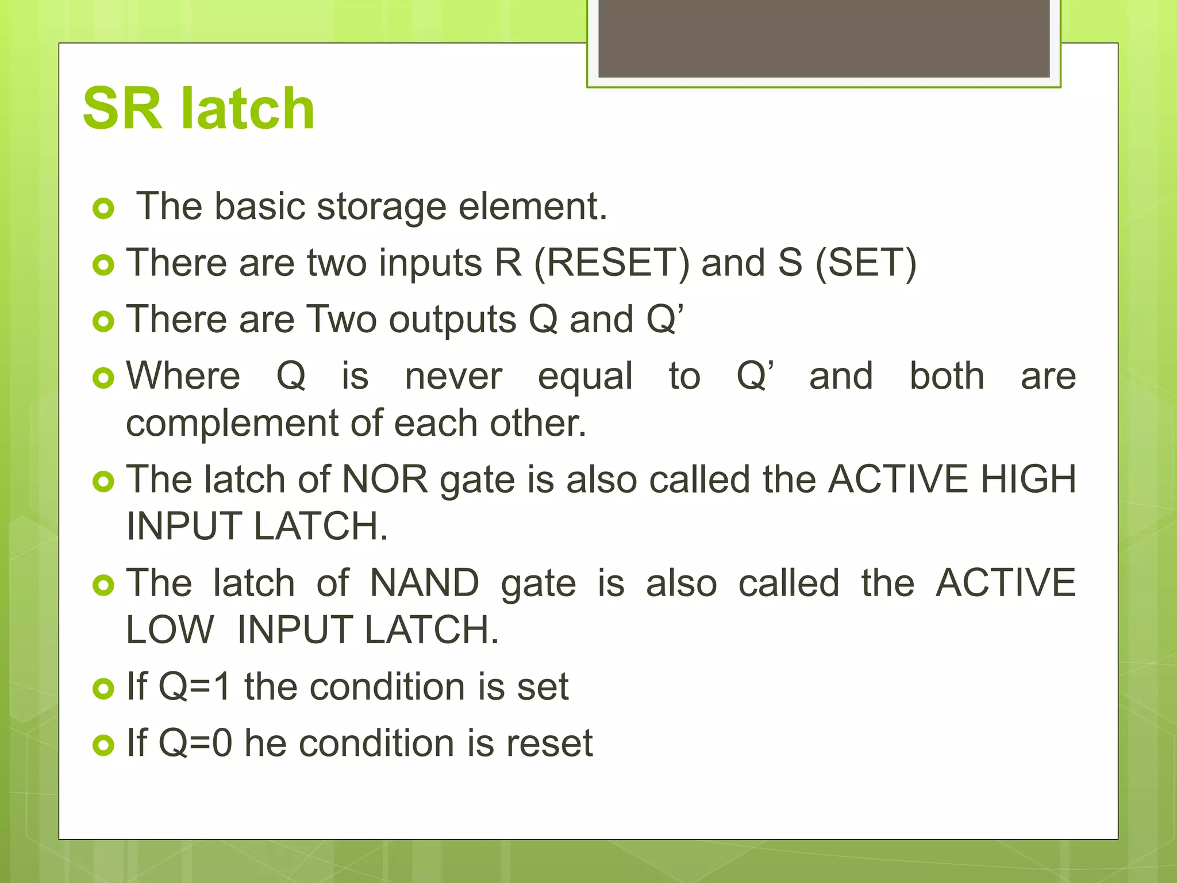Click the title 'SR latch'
click(x=198, y=109)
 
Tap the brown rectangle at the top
click(x=824, y=39)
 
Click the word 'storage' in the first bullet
click(x=381, y=207)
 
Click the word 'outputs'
click(x=452, y=320)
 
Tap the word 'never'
click(x=453, y=377)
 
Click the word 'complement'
click(x=232, y=424)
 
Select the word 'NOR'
click(x=385, y=479)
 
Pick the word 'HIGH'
click(x=1028, y=479)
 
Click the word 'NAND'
click(x=424, y=583)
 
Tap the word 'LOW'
click(x=170, y=630)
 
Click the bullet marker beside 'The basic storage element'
click(x=103, y=209)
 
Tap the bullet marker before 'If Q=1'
click(x=103, y=689)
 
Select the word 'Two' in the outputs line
click(x=341, y=320)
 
